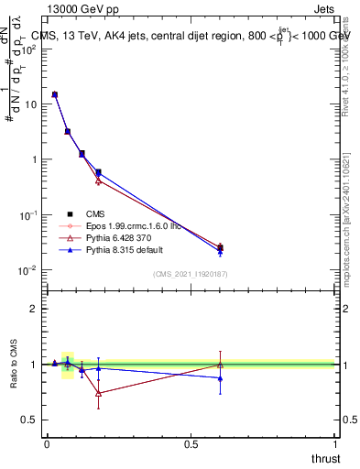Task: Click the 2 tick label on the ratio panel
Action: point(34,309)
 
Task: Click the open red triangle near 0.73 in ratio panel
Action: point(98,394)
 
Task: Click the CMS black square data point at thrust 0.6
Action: point(220,247)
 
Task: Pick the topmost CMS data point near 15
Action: point(55,94)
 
